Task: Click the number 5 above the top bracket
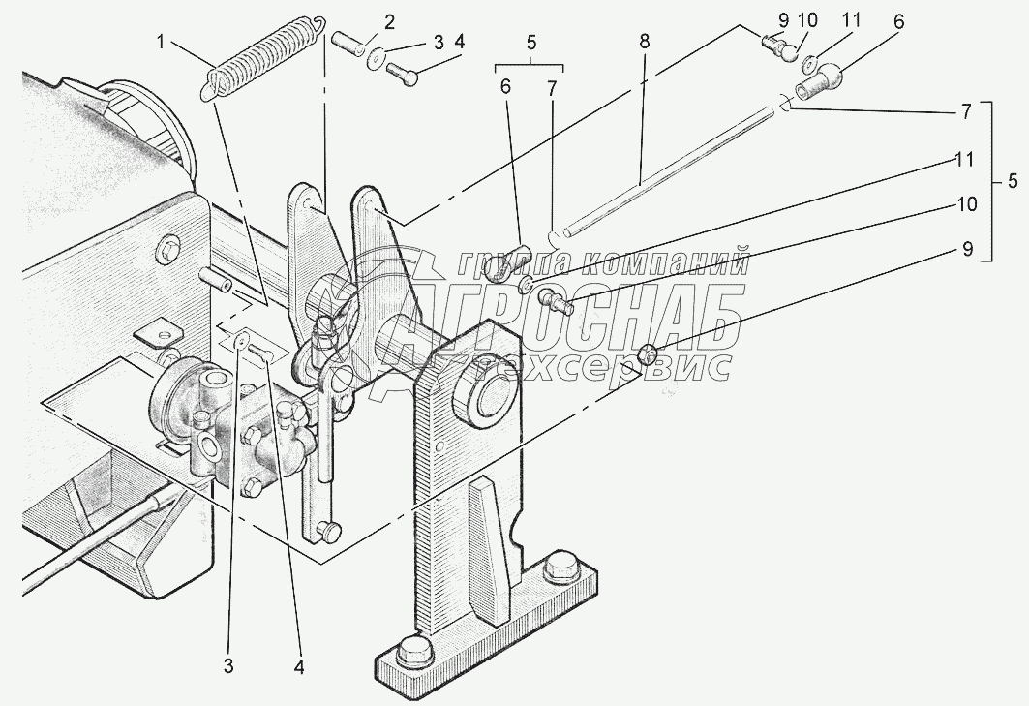(530, 43)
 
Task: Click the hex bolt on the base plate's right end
(560, 568)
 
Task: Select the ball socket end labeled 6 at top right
(819, 82)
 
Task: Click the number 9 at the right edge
(967, 250)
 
